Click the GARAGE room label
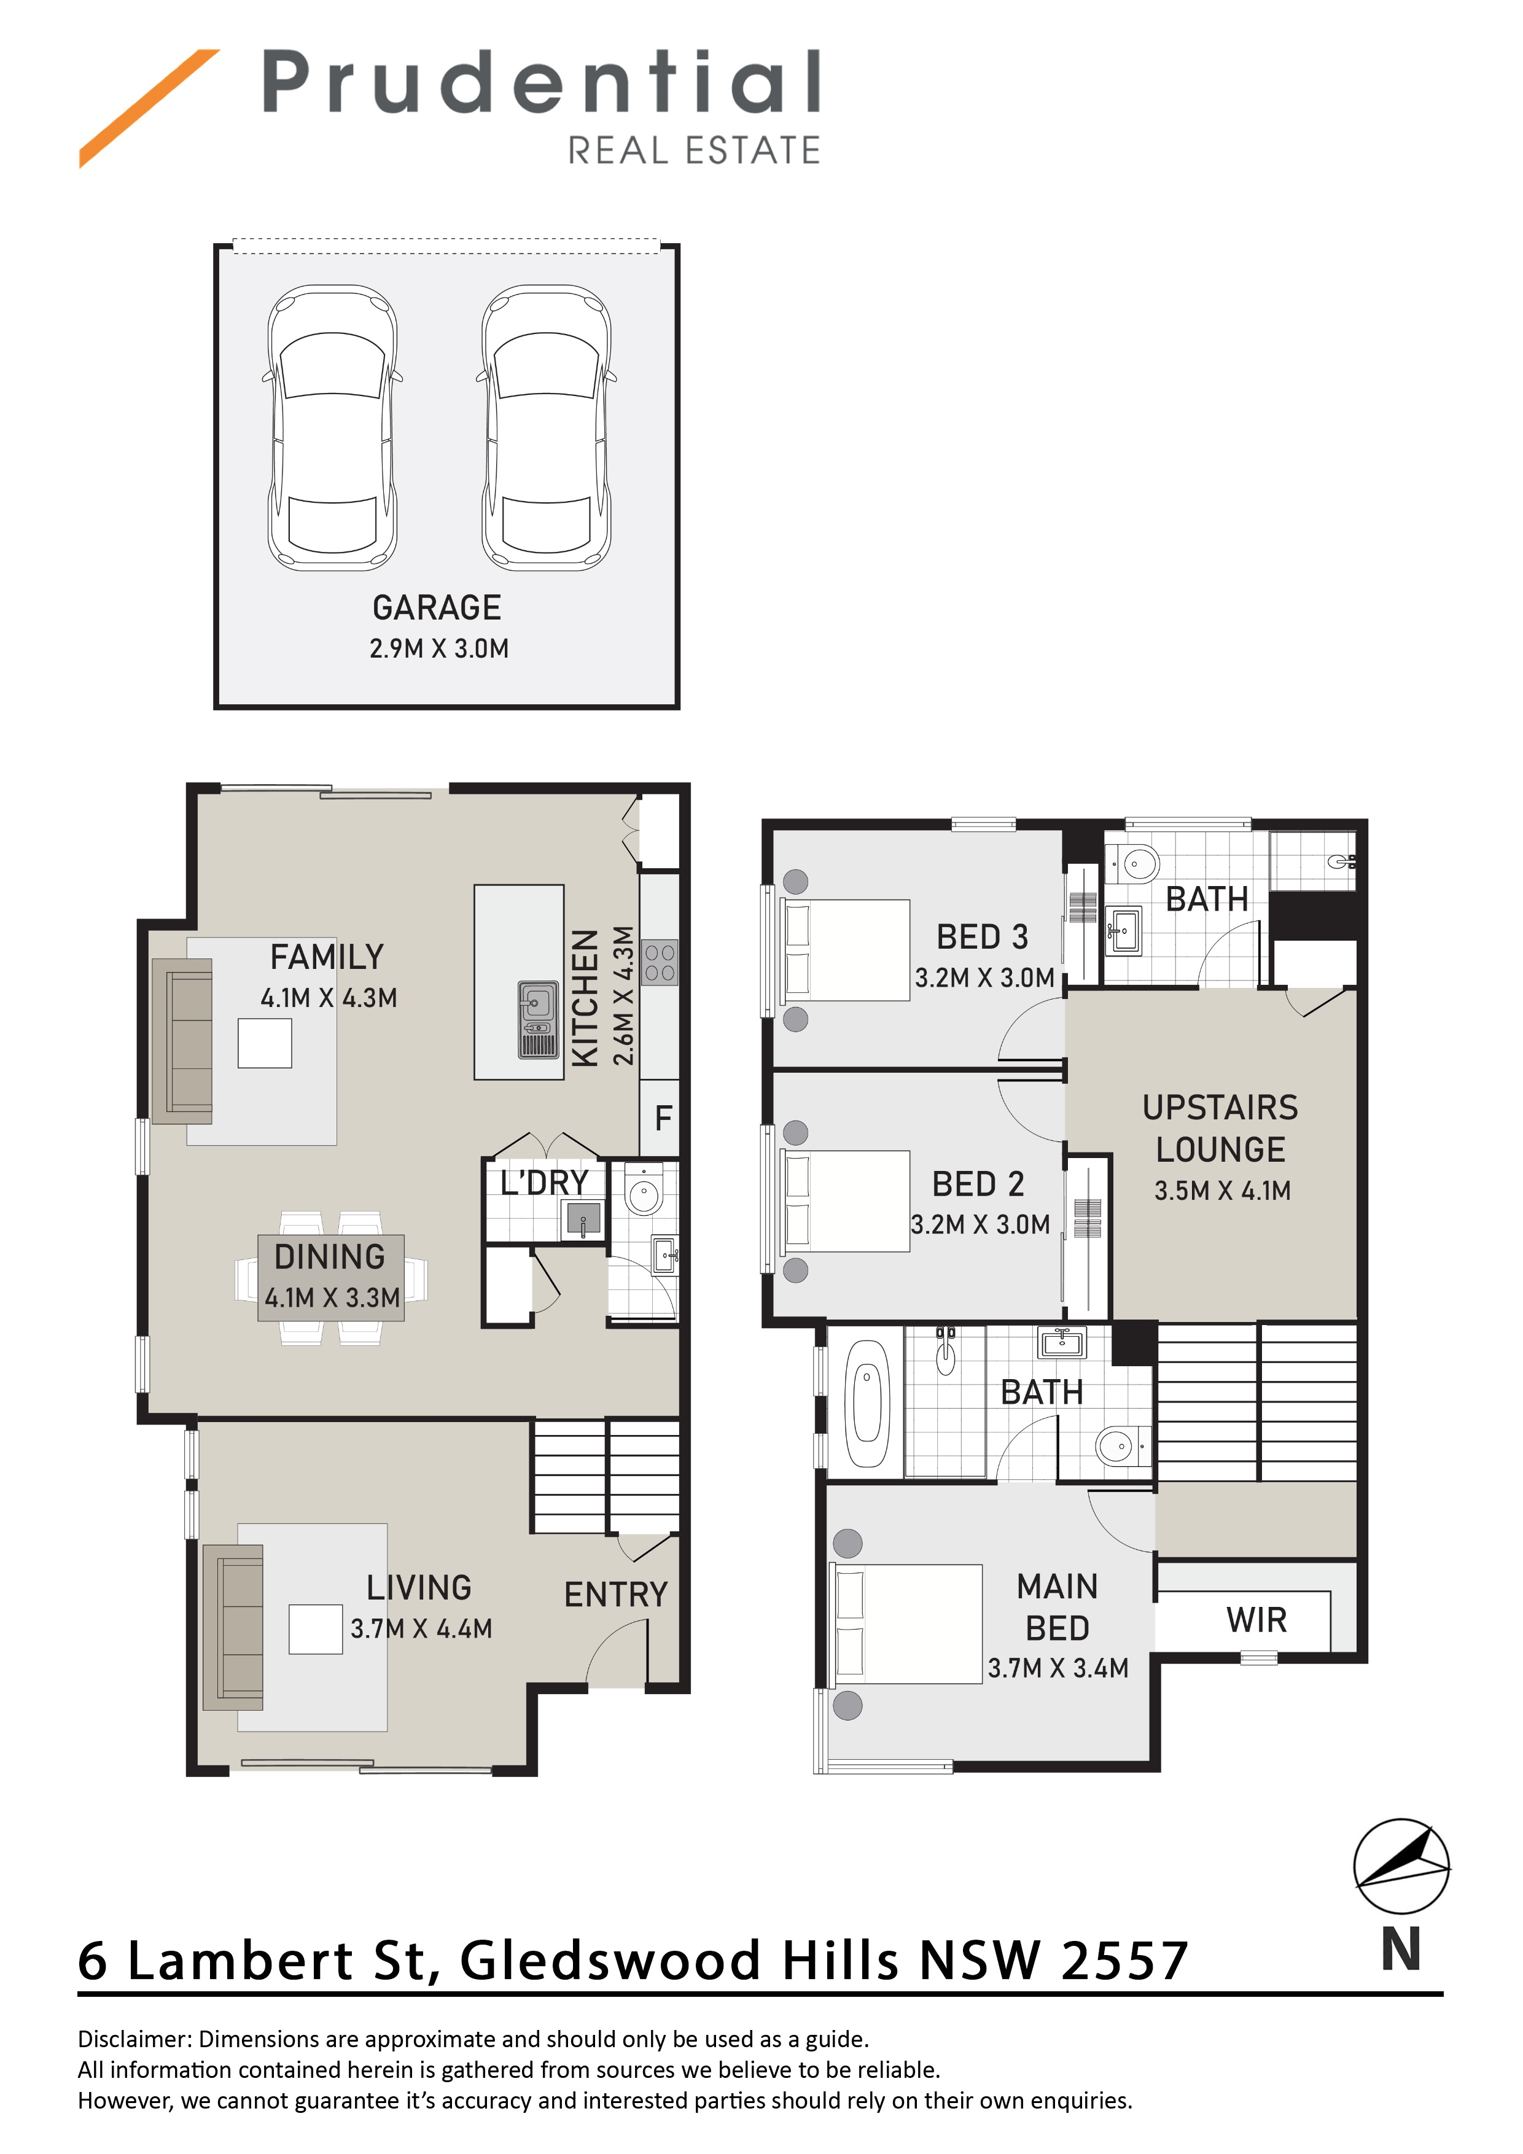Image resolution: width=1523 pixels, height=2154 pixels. [x=437, y=608]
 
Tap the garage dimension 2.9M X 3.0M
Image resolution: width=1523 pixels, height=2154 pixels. [x=439, y=648]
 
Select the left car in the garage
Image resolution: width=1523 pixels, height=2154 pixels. [x=332, y=428]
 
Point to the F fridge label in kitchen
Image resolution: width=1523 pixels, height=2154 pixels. [x=663, y=1118]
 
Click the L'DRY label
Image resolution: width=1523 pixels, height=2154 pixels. [x=544, y=1183]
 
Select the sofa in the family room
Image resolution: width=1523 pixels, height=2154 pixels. [x=182, y=1040]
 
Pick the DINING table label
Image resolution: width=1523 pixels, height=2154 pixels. [x=330, y=1256]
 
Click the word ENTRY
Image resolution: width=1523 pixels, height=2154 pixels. [x=615, y=1594]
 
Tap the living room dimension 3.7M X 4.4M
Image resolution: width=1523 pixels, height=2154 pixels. [x=421, y=1628]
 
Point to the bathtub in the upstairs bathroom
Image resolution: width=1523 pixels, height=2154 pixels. [x=867, y=1404]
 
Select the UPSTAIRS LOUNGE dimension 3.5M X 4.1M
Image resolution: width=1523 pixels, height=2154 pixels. [x=1223, y=1191]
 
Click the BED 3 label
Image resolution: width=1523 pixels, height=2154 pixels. [x=983, y=936]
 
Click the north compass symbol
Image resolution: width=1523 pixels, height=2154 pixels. [x=1401, y=1867]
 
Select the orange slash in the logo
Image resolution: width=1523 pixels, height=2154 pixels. [x=149, y=109]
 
